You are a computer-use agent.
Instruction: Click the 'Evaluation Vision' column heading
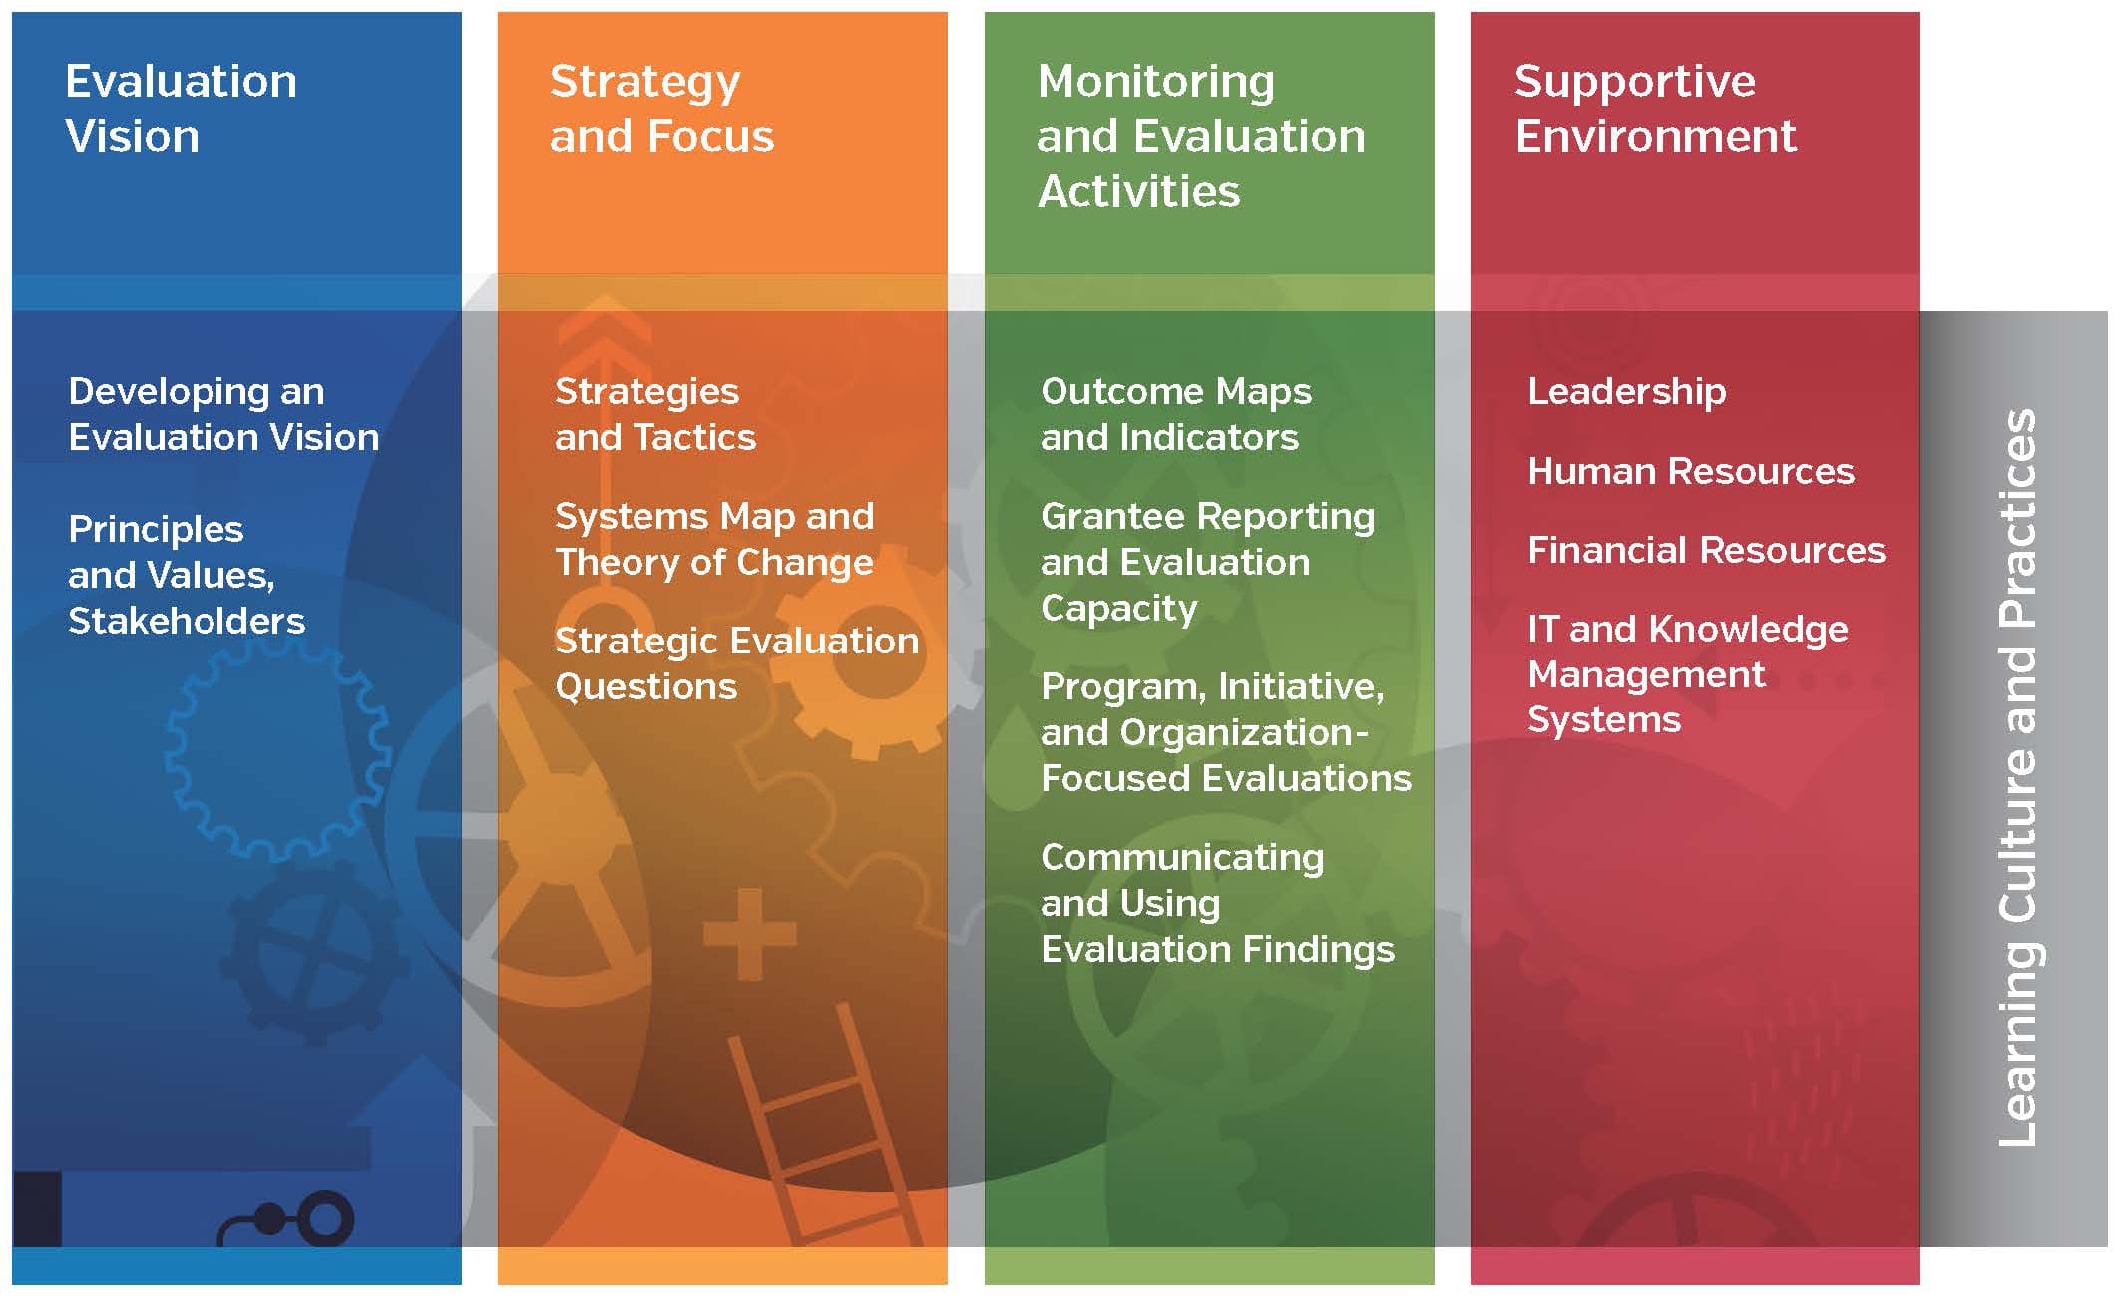pos(181,108)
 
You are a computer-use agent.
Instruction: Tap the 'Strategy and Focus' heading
pos(661,108)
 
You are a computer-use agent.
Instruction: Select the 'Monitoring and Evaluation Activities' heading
pos(1201,135)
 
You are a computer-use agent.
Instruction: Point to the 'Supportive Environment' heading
pos(1655,108)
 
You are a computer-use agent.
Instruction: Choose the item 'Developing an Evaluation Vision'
pos(223,414)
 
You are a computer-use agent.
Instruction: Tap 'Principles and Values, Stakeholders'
pos(187,575)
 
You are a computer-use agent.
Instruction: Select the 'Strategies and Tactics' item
pos(655,414)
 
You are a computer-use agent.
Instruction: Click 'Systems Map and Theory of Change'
pos(714,539)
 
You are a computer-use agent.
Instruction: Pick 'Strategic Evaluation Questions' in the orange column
pos(736,663)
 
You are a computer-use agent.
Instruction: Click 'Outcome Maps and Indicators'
pos(1176,414)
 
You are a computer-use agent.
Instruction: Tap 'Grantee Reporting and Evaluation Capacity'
pos(1207,562)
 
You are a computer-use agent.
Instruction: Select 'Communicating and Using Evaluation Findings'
pos(1217,903)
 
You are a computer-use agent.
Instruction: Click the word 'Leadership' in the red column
pos(1627,391)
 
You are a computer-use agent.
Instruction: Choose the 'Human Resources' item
pos(1691,471)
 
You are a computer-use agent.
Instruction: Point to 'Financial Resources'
pos(1706,550)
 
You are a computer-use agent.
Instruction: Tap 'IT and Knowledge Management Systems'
pos(1688,674)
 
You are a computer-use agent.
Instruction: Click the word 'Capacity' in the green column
pos(1119,609)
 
